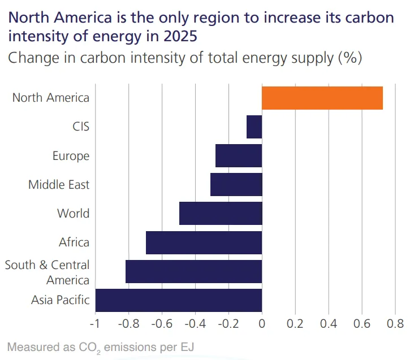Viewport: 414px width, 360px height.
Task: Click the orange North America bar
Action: (322, 98)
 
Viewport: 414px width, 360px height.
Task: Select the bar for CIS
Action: (255, 127)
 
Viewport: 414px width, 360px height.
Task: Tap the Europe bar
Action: (239, 155)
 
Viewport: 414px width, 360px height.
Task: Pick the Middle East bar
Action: (236, 185)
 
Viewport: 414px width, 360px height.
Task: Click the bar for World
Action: (221, 214)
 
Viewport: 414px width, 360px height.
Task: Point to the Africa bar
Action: (204, 242)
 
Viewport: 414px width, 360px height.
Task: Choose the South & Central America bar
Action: (194, 271)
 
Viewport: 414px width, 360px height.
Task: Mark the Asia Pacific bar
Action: (179, 300)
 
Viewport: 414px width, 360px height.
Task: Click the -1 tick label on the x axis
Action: (95, 324)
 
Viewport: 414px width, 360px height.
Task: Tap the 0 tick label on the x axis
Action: (262, 324)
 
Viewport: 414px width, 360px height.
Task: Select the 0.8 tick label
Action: (395, 324)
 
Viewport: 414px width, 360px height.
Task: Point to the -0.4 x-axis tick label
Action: (195, 324)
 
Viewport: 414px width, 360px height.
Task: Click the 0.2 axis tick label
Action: (295, 324)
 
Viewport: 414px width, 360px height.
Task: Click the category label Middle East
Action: (59, 185)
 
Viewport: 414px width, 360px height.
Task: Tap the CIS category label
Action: (81, 127)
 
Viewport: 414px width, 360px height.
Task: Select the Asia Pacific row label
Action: (61, 300)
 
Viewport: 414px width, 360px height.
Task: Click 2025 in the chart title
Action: (180, 36)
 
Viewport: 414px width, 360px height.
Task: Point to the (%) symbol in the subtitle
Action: (350, 58)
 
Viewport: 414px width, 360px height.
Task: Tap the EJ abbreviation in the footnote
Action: (187, 347)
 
